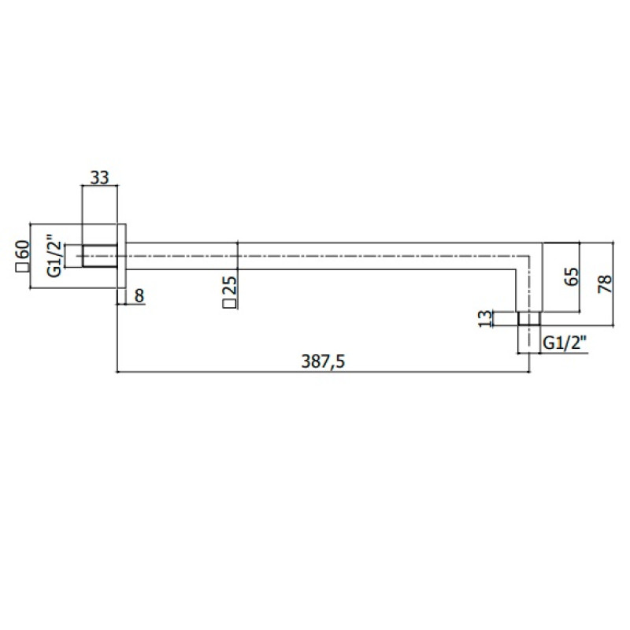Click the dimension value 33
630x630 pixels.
coord(99,177)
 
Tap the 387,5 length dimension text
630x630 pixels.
coord(323,361)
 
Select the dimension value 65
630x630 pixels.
coord(572,276)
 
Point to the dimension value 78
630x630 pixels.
coord(605,283)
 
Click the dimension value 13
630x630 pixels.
coord(486,319)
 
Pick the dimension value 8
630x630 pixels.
coord(139,296)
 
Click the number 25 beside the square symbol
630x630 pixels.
coord(230,286)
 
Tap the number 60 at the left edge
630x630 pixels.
coord(23,250)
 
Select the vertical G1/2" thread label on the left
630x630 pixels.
coord(54,255)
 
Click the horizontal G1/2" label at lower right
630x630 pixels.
coord(565,343)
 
